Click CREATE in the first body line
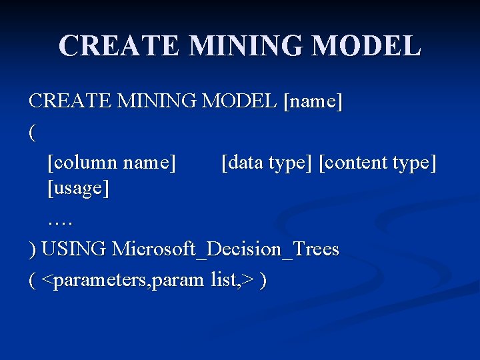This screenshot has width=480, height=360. click(70, 102)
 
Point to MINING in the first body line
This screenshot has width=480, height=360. click(157, 102)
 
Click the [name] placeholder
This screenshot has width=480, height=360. click(313, 102)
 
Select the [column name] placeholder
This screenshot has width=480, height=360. click(112, 161)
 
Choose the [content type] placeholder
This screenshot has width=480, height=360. click(378, 161)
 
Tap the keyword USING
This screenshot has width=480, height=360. click(74, 249)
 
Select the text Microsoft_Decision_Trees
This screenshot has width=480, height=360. click(226, 249)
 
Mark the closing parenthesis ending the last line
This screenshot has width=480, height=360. click(265, 280)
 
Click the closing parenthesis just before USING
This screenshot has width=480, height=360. click(33, 250)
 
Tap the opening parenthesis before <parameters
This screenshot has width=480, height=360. click(33, 280)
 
